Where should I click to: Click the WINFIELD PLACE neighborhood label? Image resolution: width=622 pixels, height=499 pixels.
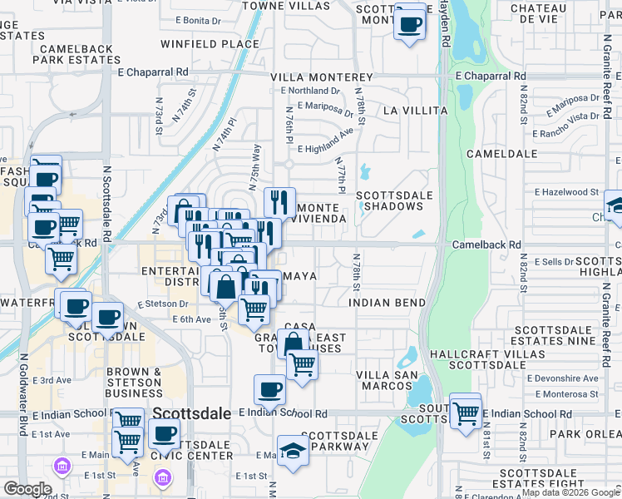coord(210,43)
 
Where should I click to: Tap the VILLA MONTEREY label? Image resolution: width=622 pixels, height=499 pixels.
coord(321,77)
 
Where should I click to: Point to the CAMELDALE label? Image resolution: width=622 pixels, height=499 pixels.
coord(498,155)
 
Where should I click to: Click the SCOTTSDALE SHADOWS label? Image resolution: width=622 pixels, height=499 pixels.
coord(389,200)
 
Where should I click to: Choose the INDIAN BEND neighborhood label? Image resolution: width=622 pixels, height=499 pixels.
coord(388,302)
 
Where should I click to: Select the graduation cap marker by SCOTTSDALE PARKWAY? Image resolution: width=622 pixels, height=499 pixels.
coord(292,450)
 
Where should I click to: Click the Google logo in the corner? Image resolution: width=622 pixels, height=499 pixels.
coord(27,489)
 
